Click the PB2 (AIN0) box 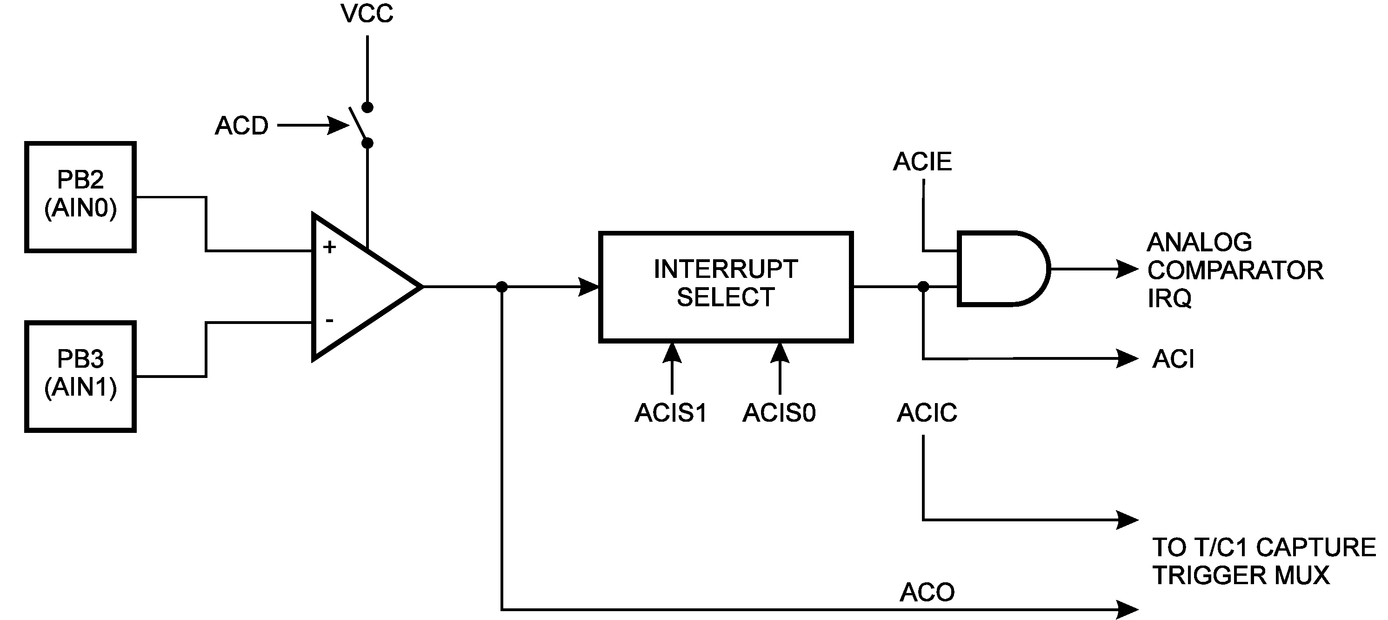[80, 197]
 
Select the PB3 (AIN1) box [80, 376]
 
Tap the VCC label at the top [367, 14]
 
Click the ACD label [241, 126]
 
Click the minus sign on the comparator [329, 321]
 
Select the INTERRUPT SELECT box [725, 286]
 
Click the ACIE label [922, 162]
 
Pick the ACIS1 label [671, 413]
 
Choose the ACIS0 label [779, 413]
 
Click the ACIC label [927, 413]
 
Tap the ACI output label [1173, 359]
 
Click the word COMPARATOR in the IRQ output [1235, 270]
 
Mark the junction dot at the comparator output [501, 287]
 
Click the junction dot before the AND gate [923, 287]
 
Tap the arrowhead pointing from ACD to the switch [340, 126]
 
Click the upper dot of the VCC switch [367, 107]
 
